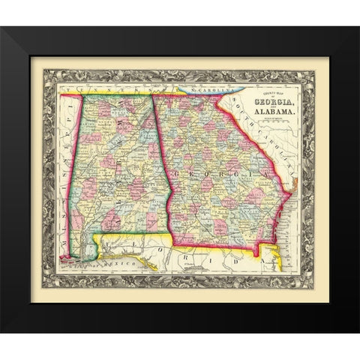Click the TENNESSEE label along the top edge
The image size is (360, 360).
coord(112,89)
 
